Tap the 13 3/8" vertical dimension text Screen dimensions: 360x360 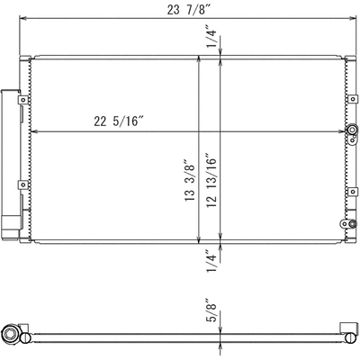pyautogui.click(x=190, y=180)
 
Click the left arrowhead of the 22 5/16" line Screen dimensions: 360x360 pyautogui.click(x=34, y=132)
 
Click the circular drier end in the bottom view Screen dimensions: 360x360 pyautogui.click(x=11, y=335)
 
